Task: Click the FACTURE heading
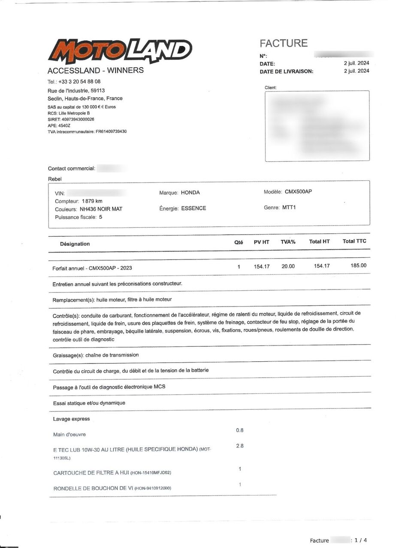click(x=284, y=43)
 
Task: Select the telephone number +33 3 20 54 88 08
click(x=79, y=81)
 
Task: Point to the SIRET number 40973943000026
click(x=78, y=119)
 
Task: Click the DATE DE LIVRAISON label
click(x=286, y=71)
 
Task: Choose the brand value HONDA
click(x=190, y=193)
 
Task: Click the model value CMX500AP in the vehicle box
click(x=298, y=192)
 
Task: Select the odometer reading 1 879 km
click(x=92, y=201)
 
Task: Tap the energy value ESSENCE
click(x=193, y=208)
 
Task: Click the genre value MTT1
click(x=289, y=208)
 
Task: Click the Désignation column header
click(x=75, y=244)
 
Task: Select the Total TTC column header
click(x=354, y=241)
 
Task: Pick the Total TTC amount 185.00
click(x=358, y=265)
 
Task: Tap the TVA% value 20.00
click(x=288, y=266)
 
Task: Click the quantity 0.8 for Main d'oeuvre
click(x=240, y=430)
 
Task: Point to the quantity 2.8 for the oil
click(x=240, y=446)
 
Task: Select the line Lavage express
click(x=71, y=419)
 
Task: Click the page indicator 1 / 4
click(x=361, y=540)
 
